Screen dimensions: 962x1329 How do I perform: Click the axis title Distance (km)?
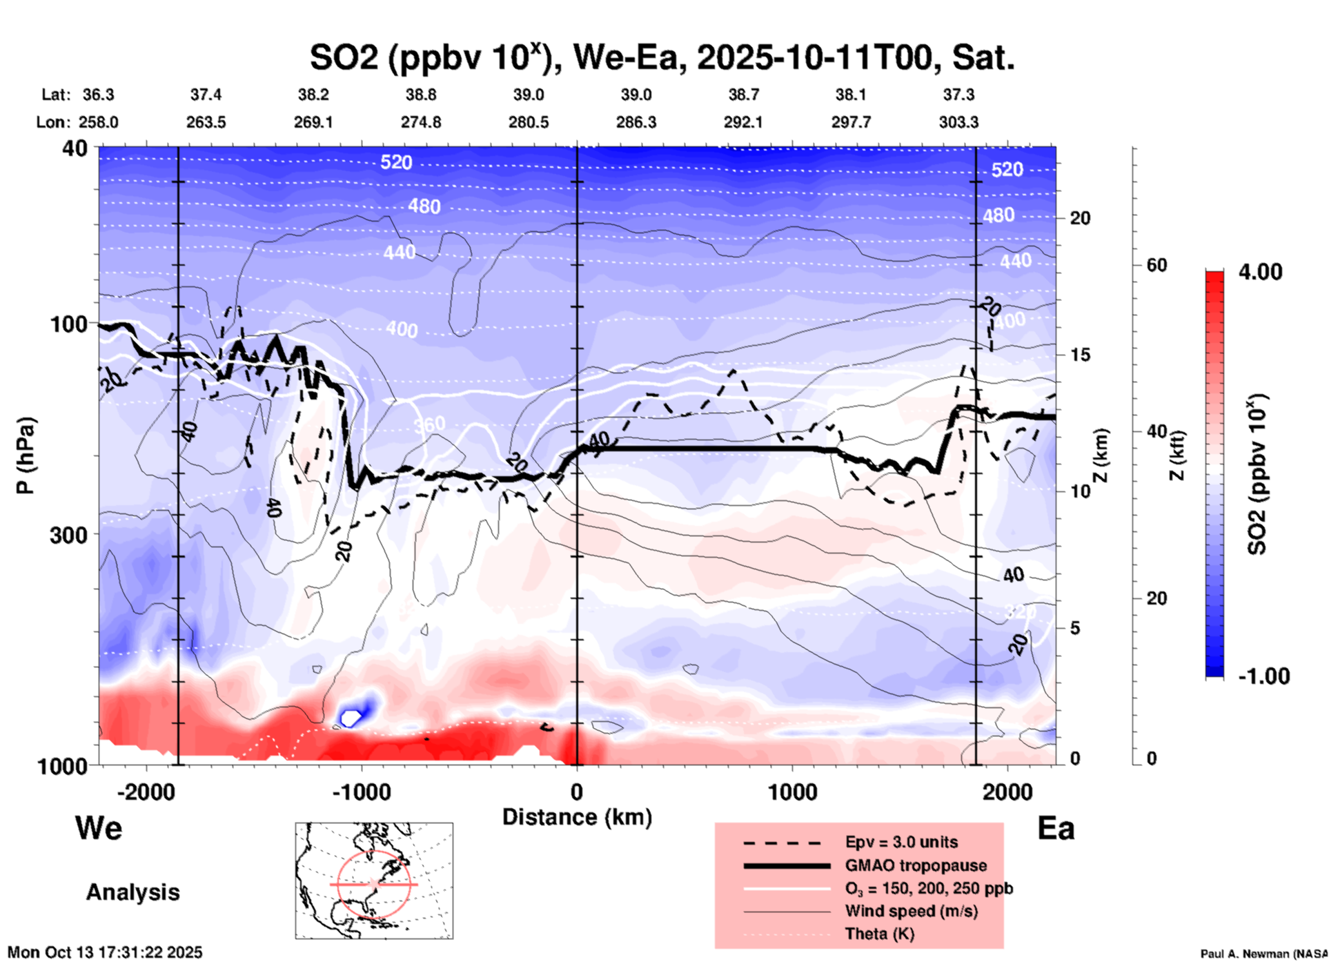coord(577,817)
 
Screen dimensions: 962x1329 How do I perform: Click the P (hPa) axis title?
coord(26,455)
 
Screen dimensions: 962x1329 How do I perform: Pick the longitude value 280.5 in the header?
coord(529,122)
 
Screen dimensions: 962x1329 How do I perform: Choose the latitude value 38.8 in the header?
coord(421,95)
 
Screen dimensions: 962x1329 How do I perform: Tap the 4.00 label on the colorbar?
coord(1260,272)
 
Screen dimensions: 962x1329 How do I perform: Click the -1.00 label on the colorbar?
coord(1263,676)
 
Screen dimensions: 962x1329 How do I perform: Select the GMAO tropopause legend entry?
coord(916,865)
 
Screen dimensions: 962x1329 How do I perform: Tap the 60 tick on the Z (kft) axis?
coord(1156,265)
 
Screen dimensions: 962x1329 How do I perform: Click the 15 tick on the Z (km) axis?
coord(1079,355)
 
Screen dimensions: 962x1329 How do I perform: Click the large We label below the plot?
coord(99,827)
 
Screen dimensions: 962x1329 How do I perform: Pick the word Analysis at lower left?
coord(132,892)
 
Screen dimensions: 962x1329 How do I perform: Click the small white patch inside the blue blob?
coord(351,718)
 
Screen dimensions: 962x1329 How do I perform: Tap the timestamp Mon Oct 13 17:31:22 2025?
coord(105,952)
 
